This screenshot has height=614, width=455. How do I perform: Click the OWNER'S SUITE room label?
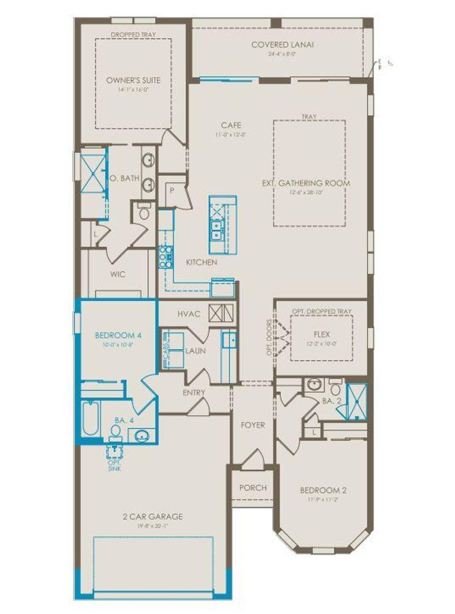coord(133,80)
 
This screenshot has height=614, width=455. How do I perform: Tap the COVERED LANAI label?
coord(282,44)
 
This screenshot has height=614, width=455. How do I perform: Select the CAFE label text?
coord(231,125)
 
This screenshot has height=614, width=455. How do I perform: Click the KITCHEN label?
coord(201,263)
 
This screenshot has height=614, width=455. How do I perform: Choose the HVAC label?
coord(189,314)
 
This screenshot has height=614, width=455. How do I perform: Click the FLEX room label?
coord(321,334)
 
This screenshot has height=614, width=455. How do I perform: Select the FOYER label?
coord(252,425)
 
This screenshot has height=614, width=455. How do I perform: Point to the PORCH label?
coord(253,487)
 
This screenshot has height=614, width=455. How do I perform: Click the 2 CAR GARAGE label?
coord(152,517)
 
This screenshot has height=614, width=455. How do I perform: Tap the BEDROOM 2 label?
coord(323,490)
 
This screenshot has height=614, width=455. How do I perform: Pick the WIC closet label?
coord(118,275)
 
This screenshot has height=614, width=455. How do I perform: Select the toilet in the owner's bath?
coord(144,212)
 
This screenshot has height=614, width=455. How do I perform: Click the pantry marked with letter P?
coord(172,191)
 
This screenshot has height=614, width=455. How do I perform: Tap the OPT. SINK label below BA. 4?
coord(115,466)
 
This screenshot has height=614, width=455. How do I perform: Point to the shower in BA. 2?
coord(357,401)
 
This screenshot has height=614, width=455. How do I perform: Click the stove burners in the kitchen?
coord(166,257)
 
